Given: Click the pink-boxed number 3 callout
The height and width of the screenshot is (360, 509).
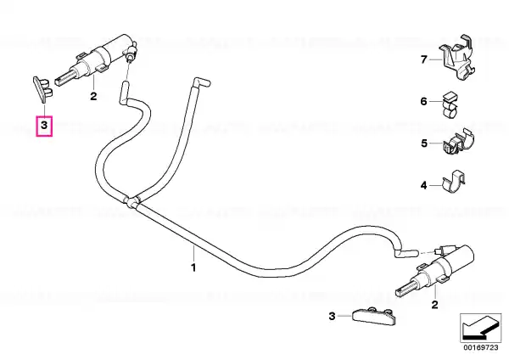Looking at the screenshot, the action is pyautogui.click(x=44, y=125).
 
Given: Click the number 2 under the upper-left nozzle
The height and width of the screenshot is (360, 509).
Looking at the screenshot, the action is pyautogui.click(x=93, y=96).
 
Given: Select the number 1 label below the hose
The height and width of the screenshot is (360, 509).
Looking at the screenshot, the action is pyautogui.click(x=193, y=267).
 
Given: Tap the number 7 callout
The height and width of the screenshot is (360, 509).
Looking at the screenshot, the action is pyautogui.click(x=423, y=59).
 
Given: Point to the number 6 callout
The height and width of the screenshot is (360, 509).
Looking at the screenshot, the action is pyautogui.click(x=423, y=101).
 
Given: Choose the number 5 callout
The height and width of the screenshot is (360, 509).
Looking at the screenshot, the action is pyautogui.click(x=424, y=143).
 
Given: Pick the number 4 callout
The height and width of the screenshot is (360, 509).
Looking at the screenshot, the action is pyautogui.click(x=423, y=186).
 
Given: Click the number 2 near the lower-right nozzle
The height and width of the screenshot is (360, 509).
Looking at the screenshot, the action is pyautogui.click(x=434, y=305).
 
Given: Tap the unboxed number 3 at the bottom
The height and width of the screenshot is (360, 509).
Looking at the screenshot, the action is pyautogui.click(x=332, y=316).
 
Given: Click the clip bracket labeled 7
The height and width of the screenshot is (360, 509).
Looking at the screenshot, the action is pyautogui.click(x=457, y=57).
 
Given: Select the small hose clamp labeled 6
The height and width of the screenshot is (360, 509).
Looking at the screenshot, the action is pyautogui.click(x=450, y=105).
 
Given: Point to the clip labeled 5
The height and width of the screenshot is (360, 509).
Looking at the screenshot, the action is pyautogui.click(x=458, y=143).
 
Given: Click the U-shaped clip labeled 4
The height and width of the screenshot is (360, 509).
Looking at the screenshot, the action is pyautogui.click(x=454, y=181).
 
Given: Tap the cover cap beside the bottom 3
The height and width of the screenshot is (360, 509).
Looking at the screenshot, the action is pyautogui.click(x=373, y=317).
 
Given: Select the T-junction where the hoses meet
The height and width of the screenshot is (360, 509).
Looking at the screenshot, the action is pyautogui.click(x=131, y=202).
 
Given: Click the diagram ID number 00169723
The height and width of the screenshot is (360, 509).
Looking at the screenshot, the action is pyautogui.click(x=480, y=347).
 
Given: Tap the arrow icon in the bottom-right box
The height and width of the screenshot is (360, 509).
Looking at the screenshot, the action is pyautogui.click(x=480, y=328).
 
